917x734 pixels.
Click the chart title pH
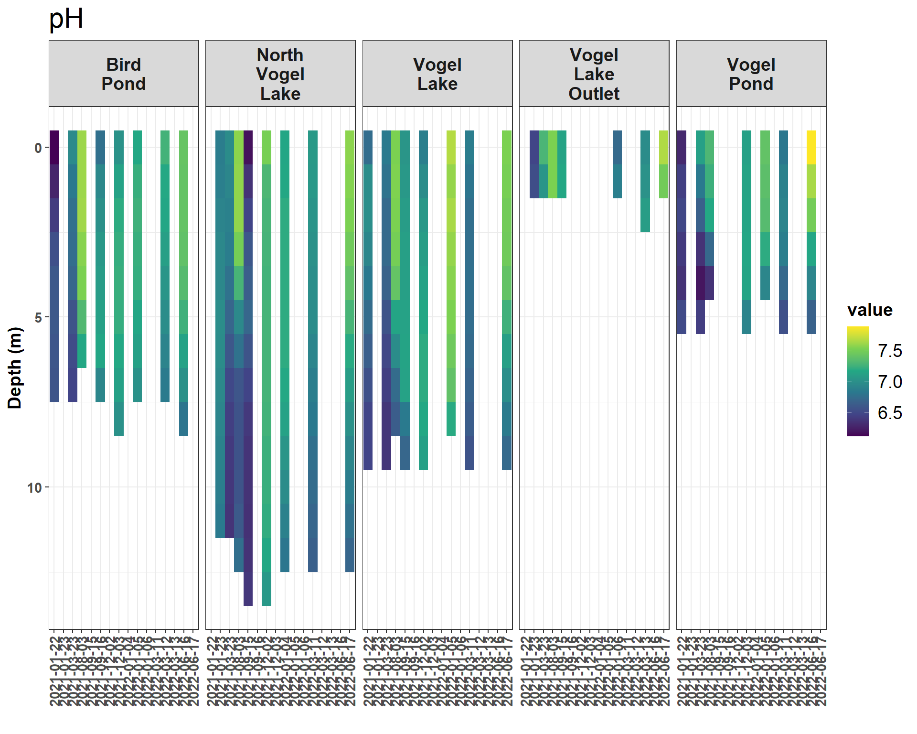click(x=66, y=19)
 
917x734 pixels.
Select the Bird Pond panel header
click(x=124, y=74)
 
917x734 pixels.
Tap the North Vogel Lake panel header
click(x=280, y=74)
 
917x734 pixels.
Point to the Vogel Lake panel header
click(x=437, y=74)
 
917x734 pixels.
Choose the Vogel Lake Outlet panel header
click(x=594, y=74)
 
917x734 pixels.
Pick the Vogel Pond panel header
click(x=751, y=74)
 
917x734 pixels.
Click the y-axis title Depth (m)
click(x=15, y=367)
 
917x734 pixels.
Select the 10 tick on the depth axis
click(x=34, y=488)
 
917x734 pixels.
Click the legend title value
click(x=870, y=310)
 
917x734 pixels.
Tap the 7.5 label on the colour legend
click(x=890, y=351)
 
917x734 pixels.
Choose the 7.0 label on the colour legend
click(x=890, y=382)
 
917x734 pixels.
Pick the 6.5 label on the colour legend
click(x=890, y=413)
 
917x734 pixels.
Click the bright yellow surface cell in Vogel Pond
click(x=811, y=147)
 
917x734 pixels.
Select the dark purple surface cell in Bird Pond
click(x=54, y=147)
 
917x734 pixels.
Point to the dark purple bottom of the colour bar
click(x=858, y=433)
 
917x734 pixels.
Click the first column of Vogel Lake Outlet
click(x=534, y=164)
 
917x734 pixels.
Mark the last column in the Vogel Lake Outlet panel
click(x=663, y=164)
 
